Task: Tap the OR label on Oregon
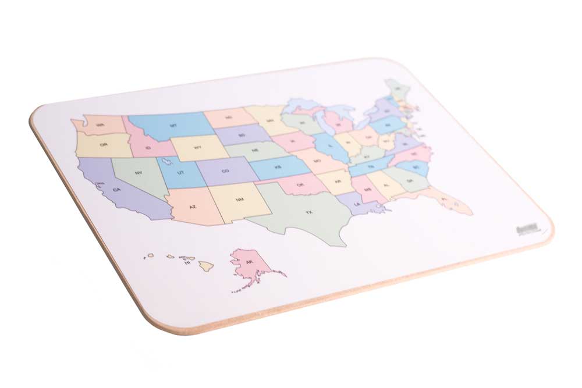coord(104,145)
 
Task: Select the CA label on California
coord(116,190)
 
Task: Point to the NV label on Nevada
coord(139,173)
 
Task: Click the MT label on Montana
coord(173,126)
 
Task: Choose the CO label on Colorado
coord(225,171)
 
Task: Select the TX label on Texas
coord(309,213)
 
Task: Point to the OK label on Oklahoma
coord(300,185)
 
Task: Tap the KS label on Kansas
coord(278,167)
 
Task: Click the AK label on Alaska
coord(250,262)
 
